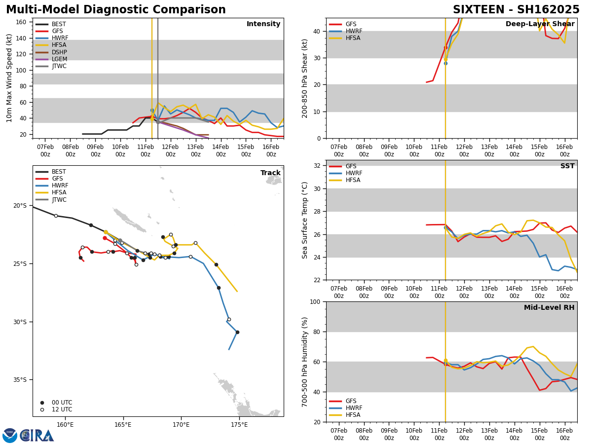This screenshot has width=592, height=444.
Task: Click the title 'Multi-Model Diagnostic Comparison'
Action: [116, 10]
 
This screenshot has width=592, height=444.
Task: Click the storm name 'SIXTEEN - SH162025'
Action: [516, 10]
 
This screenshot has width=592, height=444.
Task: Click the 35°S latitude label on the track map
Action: [20, 380]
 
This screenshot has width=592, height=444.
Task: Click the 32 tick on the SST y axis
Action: [317, 166]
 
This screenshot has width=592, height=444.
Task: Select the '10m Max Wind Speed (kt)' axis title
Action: [10, 78]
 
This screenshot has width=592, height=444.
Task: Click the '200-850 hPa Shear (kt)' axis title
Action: [305, 78]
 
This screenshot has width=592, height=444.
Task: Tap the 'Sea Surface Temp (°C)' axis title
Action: [305, 220]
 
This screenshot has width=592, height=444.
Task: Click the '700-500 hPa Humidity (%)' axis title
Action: [305, 362]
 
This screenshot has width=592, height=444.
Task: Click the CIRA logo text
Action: [37, 436]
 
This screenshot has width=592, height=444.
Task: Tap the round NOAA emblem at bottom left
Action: [10, 436]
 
